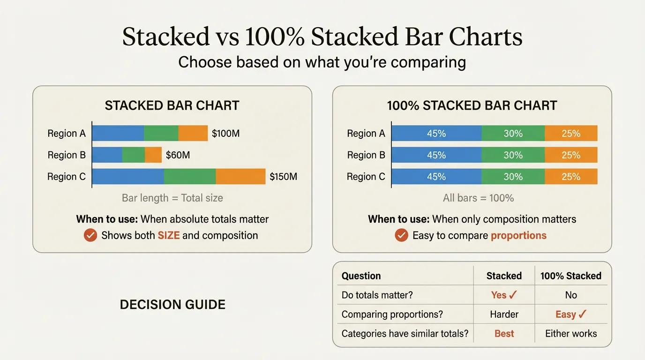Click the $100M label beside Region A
click(x=225, y=134)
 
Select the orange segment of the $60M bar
click(x=153, y=155)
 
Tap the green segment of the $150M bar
click(x=190, y=177)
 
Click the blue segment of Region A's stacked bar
click(x=118, y=134)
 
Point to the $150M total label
click(x=283, y=177)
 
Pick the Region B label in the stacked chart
click(x=67, y=155)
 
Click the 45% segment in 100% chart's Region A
click(x=436, y=134)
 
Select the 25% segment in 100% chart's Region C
click(x=571, y=177)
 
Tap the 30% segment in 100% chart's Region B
click(x=513, y=155)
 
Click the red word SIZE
click(x=169, y=235)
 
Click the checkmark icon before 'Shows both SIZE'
click(x=90, y=235)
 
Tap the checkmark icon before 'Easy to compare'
click(x=401, y=235)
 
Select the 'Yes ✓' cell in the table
click(x=504, y=295)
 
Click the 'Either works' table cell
click(x=571, y=334)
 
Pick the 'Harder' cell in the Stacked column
click(x=504, y=314)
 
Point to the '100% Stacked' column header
click(x=570, y=276)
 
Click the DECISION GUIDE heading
click(x=172, y=305)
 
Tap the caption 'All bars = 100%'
click(x=478, y=198)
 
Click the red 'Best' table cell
click(x=504, y=334)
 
